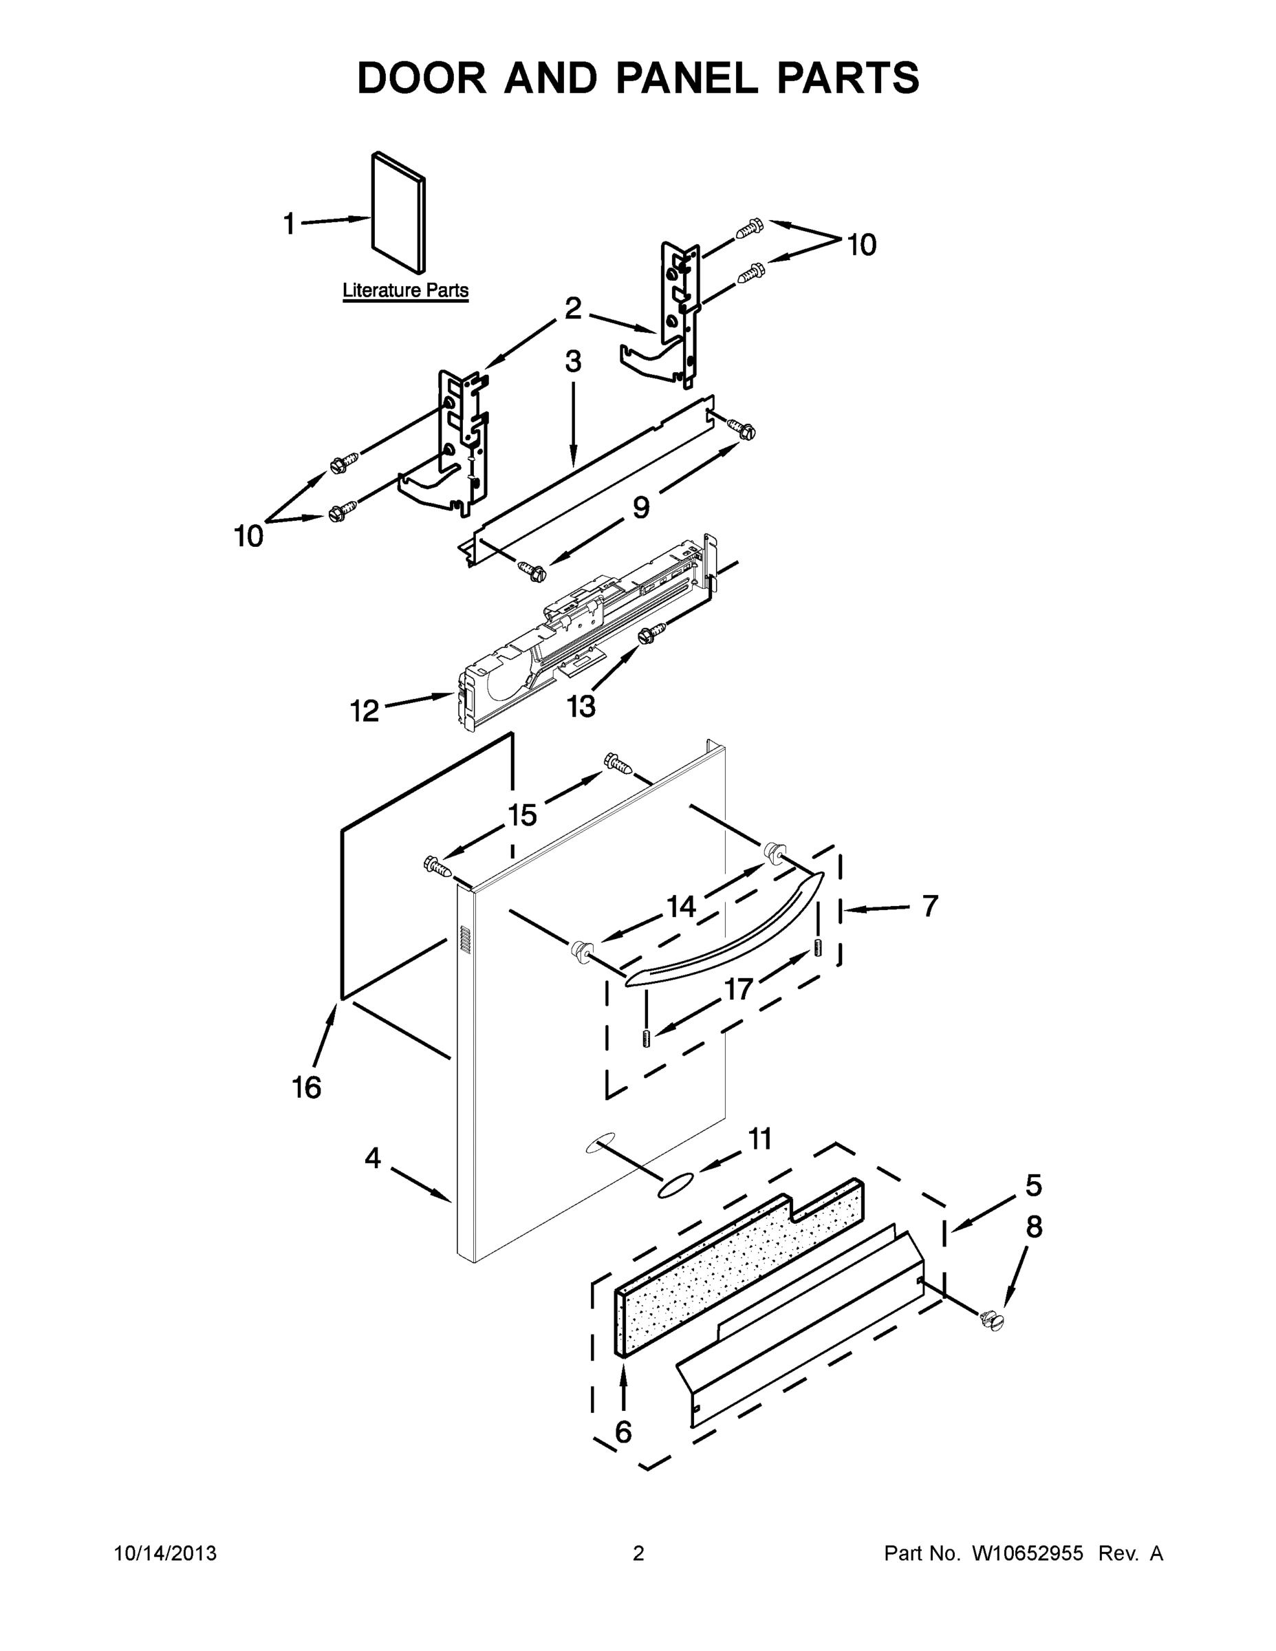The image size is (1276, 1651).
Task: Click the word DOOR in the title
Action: [422, 78]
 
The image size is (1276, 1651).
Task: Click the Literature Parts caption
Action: [405, 290]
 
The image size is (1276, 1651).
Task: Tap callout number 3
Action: [573, 362]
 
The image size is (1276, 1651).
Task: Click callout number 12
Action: [365, 711]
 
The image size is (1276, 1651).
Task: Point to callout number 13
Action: [581, 706]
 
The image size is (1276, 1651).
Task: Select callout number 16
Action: [307, 1087]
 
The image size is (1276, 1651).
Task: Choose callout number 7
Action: [930, 905]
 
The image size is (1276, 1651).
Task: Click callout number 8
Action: [1034, 1227]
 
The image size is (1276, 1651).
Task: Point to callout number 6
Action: [624, 1432]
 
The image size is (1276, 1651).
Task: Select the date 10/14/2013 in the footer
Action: [166, 1553]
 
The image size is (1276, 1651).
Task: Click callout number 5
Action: [1033, 1185]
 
